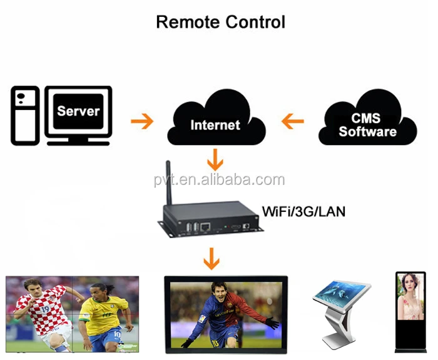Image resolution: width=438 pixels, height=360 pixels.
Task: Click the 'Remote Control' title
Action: [220, 22]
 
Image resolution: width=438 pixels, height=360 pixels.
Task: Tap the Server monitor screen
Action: [78, 111]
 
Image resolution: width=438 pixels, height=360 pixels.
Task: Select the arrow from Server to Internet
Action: [141, 120]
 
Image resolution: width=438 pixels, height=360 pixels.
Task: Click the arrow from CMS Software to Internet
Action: [292, 120]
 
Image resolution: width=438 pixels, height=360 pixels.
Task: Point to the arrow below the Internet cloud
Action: [215, 159]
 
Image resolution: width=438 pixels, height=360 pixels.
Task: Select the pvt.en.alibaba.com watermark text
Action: [219, 181]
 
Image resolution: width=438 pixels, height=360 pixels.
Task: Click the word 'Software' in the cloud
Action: [368, 131]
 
